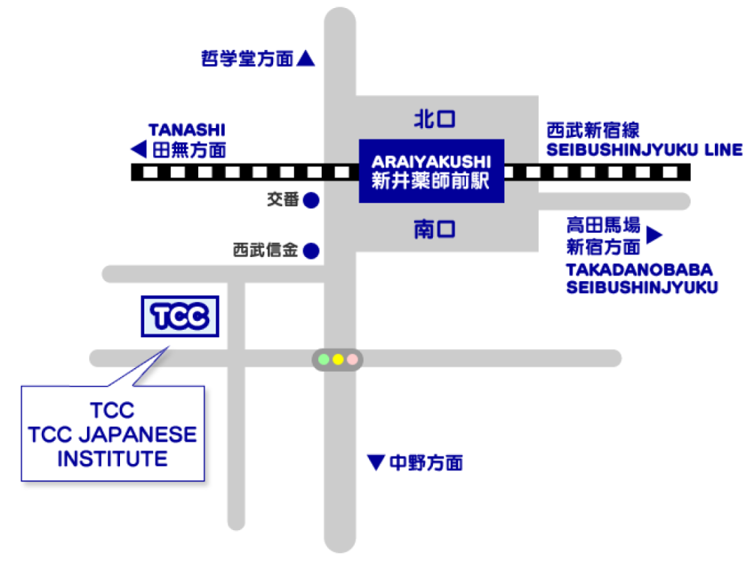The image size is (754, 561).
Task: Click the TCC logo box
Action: [x=180, y=317]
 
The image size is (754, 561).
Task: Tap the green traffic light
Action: [x=323, y=359]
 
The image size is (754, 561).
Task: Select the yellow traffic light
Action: [x=338, y=359]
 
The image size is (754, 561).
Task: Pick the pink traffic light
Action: [x=353, y=359]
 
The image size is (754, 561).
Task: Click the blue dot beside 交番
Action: [x=311, y=200]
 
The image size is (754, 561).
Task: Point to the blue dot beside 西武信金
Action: [x=311, y=251]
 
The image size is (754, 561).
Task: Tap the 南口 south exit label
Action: [x=434, y=230]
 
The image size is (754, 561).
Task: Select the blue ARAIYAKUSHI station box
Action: [x=431, y=171]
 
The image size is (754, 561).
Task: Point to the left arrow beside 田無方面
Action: [x=138, y=150]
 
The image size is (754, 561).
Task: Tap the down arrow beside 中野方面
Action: [x=376, y=462]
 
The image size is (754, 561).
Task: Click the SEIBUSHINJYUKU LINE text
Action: [x=644, y=150]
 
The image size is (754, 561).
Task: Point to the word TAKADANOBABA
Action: [x=639, y=269]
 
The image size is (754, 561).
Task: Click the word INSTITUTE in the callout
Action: [x=112, y=459]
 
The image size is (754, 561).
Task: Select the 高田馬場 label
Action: [x=593, y=224]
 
